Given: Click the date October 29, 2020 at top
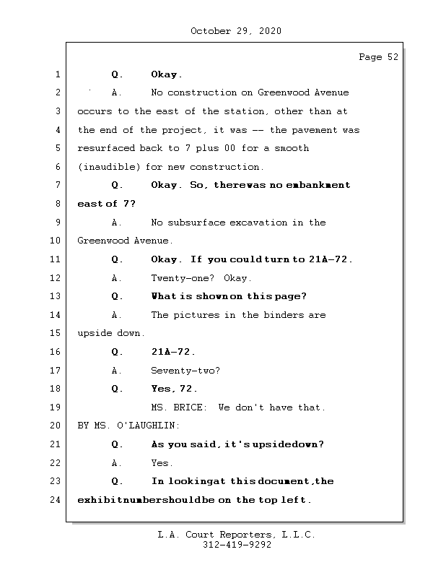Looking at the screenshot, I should [236, 31].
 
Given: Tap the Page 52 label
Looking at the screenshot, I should [378, 57].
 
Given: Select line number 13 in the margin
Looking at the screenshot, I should [56, 296].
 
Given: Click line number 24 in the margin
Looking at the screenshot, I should [56, 500].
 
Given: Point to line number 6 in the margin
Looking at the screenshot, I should [56, 167].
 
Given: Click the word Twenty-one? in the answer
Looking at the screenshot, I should [178, 278].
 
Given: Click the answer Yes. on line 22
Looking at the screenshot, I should [162, 463].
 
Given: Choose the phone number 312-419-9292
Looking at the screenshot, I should [237, 545].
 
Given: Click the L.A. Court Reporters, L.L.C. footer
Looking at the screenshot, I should [236, 535].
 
